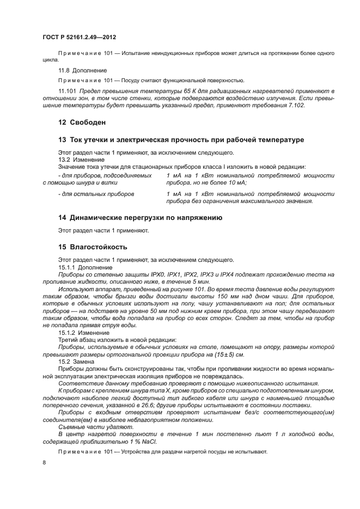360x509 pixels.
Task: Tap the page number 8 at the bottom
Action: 44,462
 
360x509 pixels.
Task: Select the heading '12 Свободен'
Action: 82,122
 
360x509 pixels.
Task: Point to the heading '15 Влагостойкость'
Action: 93,246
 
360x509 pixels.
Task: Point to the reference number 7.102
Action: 295,105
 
